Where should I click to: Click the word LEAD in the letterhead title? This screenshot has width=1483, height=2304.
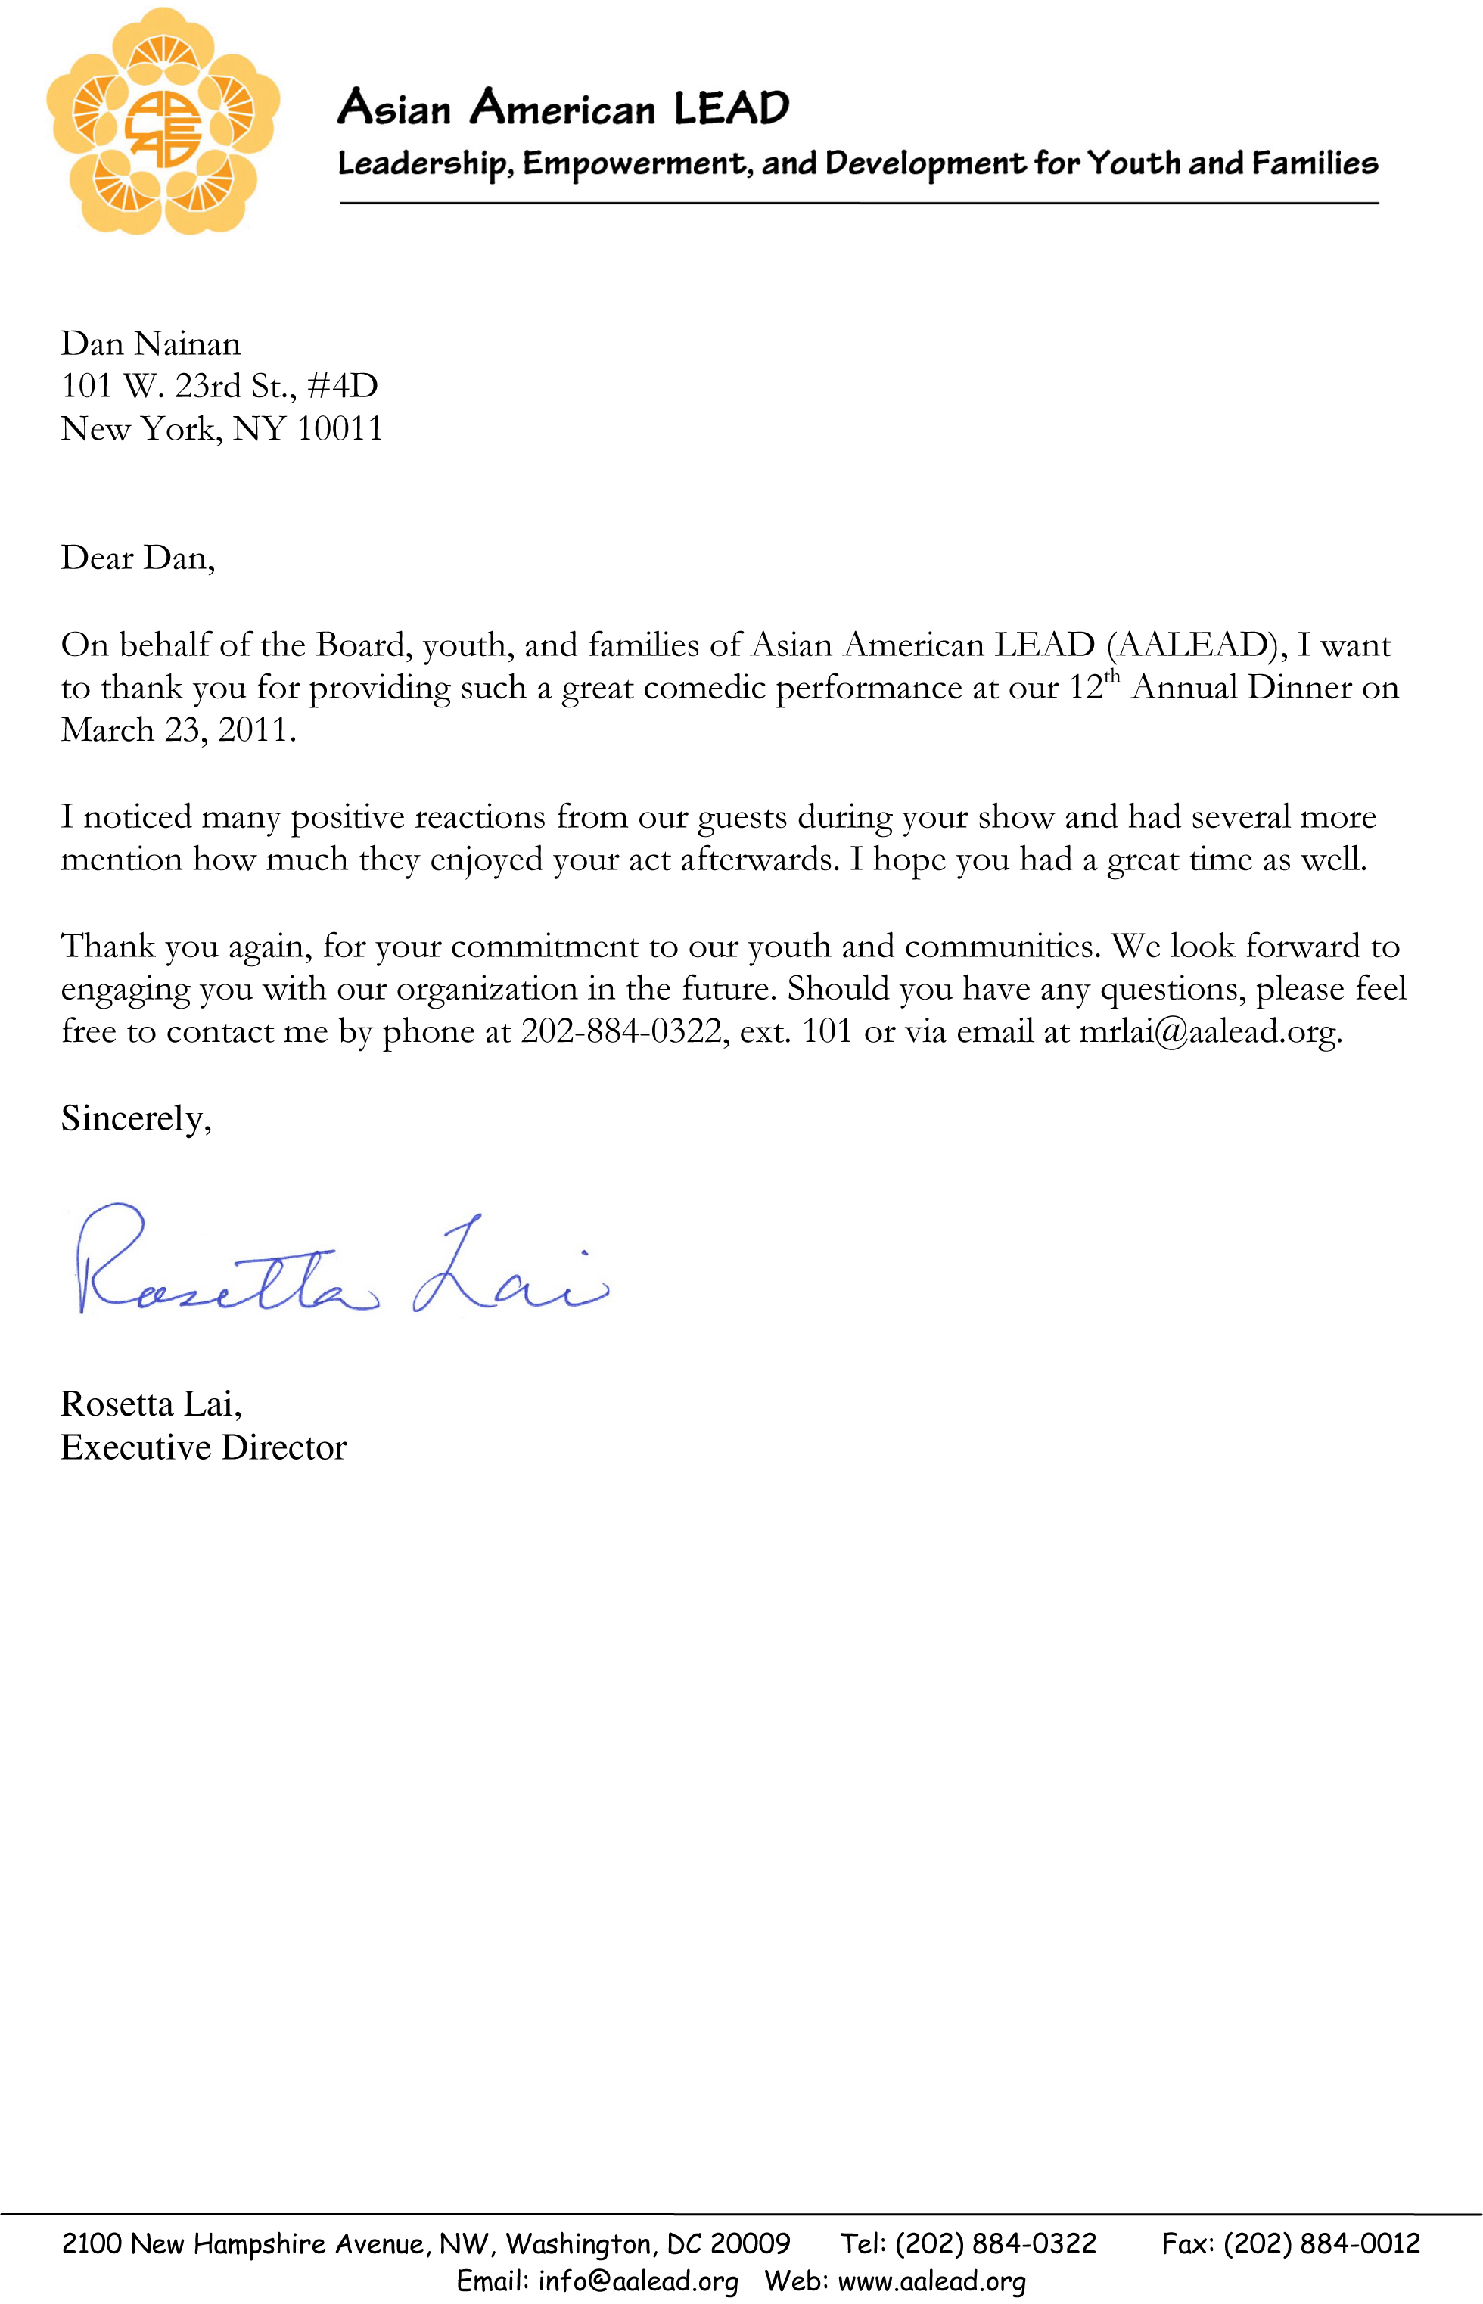click(731, 108)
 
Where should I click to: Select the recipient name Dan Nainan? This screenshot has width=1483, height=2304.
click(151, 344)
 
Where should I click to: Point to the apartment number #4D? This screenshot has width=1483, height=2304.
click(342, 386)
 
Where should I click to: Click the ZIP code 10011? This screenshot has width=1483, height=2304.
click(339, 428)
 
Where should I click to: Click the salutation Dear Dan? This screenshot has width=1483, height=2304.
click(138, 558)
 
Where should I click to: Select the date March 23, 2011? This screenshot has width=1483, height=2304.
click(178, 730)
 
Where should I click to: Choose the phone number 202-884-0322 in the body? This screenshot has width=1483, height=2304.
click(622, 1031)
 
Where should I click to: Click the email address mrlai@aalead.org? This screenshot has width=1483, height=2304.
click(1210, 1031)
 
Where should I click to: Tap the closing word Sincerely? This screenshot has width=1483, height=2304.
click(134, 1118)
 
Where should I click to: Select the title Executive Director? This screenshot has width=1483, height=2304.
click(204, 1447)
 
